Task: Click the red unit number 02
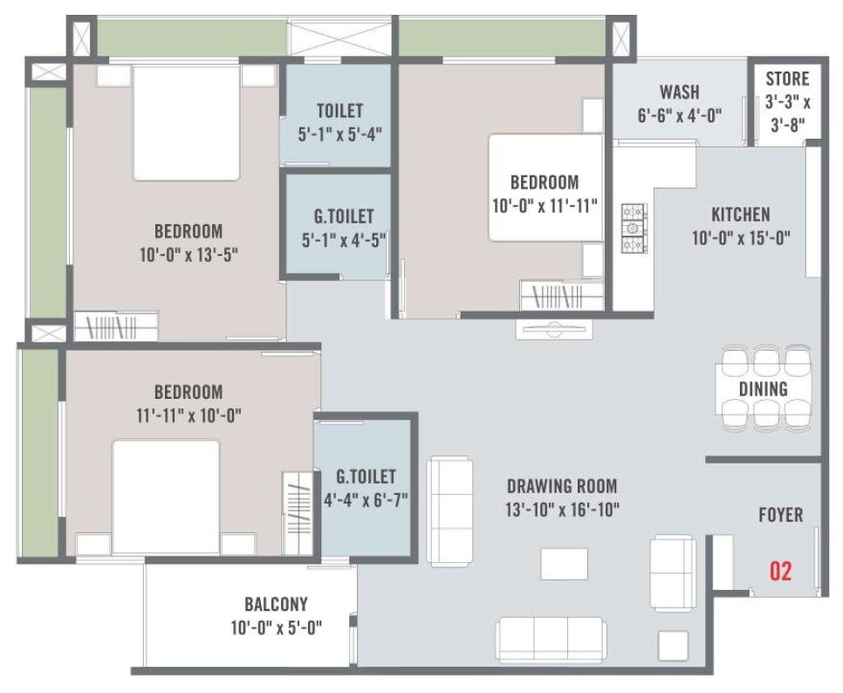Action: pyautogui.click(x=780, y=572)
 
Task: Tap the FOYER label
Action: pyautogui.click(x=780, y=515)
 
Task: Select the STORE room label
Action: pyautogui.click(x=787, y=79)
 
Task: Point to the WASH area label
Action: pyautogui.click(x=679, y=93)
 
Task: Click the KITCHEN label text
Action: pyautogui.click(x=740, y=214)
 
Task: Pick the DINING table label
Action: pyautogui.click(x=763, y=389)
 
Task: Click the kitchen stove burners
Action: pyautogui.click(x=633, y=228)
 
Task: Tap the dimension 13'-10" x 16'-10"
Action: pyautogui.click(x=563, y=509)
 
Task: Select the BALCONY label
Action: pyautogui.click(x=275, y=604)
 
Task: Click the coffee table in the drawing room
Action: pyautogui.click(x=564, y=563)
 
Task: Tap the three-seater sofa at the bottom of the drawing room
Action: pyautogui.click(x=551, y=639)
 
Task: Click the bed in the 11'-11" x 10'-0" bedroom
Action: pyautogui.click(x=165, y=496)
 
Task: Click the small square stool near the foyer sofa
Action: pyautogui.click(x=673, y=645)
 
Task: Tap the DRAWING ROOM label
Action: pyautogui.click(x=563, y=486)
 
